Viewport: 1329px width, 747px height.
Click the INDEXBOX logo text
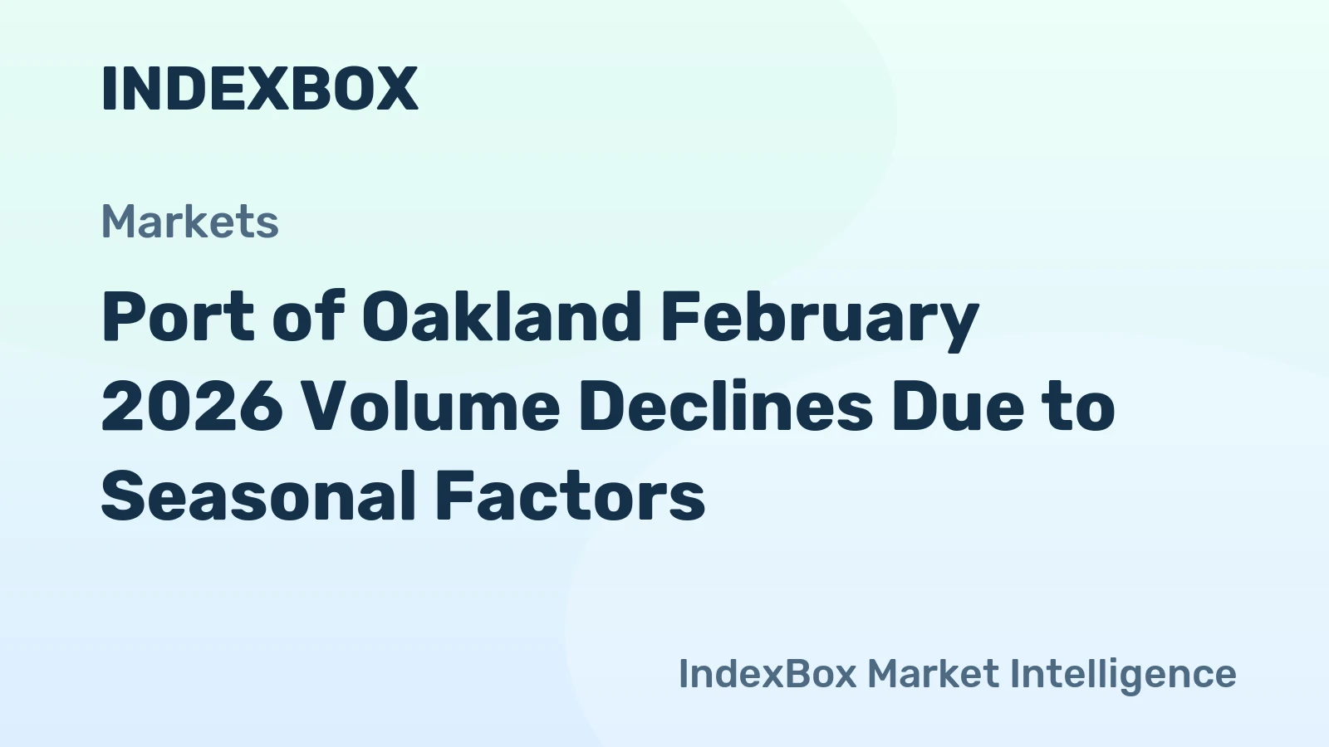(259, 89)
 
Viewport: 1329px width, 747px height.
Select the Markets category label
(189, 222)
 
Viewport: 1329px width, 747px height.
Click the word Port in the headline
(178, 317)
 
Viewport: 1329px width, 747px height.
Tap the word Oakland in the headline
(502, 317)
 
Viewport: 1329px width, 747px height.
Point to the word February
(820, 319)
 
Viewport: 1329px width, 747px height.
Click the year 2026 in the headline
(192, 407)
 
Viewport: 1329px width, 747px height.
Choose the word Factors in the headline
(570, 496)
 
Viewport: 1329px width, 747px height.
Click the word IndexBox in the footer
(767, 673)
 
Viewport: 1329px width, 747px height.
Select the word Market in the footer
(933, 673)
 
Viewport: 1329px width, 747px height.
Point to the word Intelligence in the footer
(1123, 675)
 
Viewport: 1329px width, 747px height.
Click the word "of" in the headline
(308, 317)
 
